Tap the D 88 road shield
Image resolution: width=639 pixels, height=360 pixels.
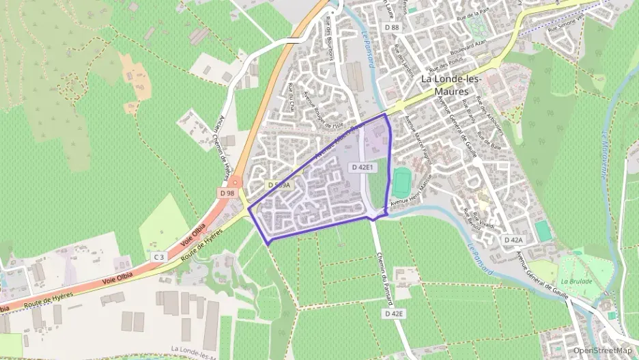coord(391,27)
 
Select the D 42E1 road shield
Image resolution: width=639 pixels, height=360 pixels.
coord(363,167)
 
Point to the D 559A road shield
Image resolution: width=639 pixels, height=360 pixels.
coord(279,185)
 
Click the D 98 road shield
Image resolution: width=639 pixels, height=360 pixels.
coord(228,193)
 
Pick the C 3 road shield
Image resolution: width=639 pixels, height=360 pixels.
coord(159,256)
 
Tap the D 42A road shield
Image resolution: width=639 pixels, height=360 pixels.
coord(513,240)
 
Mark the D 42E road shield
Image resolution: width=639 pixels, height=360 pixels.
coord(394,313)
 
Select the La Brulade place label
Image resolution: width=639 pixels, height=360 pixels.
coord(574,281)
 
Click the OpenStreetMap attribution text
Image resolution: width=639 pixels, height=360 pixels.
coord(602,350)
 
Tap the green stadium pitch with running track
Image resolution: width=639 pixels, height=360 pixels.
coord(401,182)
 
